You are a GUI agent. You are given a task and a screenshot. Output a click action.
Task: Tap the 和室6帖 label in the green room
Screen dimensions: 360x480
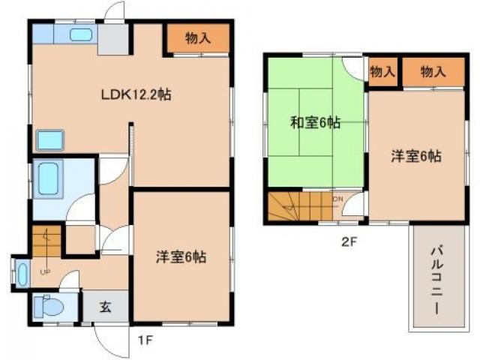coord(315,123)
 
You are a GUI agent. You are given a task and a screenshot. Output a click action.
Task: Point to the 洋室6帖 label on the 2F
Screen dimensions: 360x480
coord(415,157)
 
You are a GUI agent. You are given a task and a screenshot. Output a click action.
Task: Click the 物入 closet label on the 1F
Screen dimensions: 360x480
coord(197,38)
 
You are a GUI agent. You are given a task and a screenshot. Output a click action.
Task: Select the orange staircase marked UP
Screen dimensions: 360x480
coord(44,244)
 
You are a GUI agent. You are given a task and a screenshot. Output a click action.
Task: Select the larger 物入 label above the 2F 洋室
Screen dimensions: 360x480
coord(433,72)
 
